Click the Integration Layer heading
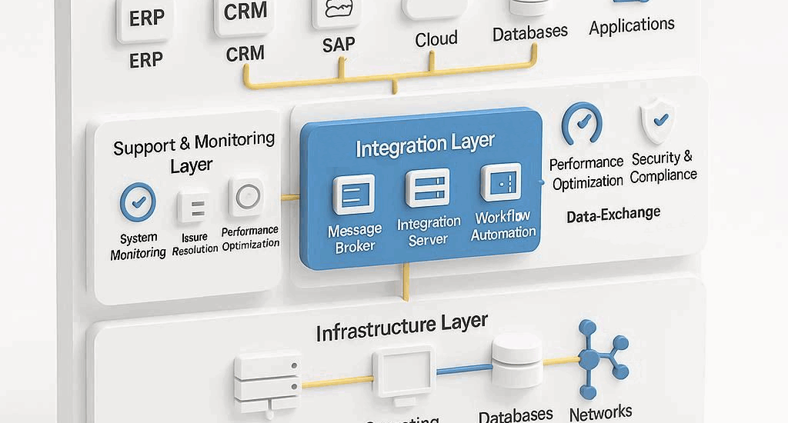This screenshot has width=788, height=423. [x=425, y=145]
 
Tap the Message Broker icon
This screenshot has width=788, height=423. [x=354, y=193]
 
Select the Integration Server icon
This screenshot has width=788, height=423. [x=427, y=188]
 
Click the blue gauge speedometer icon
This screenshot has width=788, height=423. [x=582, y=124]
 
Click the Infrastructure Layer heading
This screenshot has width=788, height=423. [x=401, y=327]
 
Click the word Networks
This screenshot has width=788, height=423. [x=600, y=413]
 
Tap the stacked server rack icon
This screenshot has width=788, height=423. [x=265, y=381]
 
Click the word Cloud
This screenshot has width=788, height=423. [x=436, y=39]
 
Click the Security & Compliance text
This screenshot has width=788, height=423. [x=663, y=167]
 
